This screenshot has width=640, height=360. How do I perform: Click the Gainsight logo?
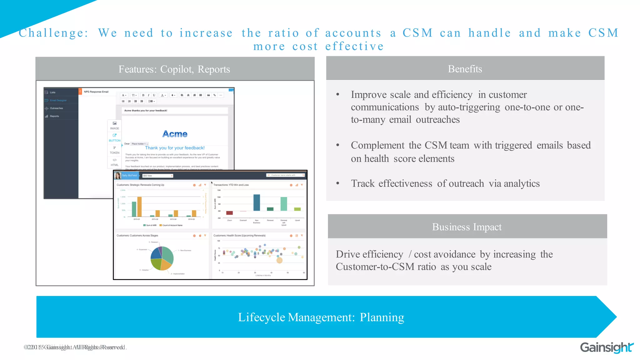click(x=606, y=347)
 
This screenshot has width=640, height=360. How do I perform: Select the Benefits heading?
click(x=465, y=69)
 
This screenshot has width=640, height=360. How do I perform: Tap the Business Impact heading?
click(x=467, y=227)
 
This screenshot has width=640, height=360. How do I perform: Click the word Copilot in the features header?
click(x=176, y=69)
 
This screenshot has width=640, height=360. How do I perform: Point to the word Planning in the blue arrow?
click(x=382, y=317)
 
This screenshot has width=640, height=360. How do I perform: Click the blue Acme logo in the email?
click(x=175, y=134)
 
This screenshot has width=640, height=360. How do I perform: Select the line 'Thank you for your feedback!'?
click(x=175, y=148)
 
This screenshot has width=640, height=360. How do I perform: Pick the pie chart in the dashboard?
click(x=162, y=258)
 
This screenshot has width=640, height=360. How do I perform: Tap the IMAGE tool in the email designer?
click(x=115, y=125)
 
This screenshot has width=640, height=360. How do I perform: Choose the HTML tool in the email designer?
click(x=115, y=162)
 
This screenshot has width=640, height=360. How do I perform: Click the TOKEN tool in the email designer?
click(x=115, y=150)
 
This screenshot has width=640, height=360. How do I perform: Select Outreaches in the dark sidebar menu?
click(x=56, y=108)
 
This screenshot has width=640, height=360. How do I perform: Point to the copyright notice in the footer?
click(x=75, y=347)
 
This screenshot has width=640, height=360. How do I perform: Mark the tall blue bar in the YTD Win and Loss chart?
click(x=257, y=202)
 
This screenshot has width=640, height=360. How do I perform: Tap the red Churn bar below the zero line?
click(x=229, y=213)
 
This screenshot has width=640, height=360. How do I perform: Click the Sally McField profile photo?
click(x=118, y=176)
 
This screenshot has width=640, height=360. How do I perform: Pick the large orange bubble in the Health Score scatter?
click(x=280, y=260)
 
